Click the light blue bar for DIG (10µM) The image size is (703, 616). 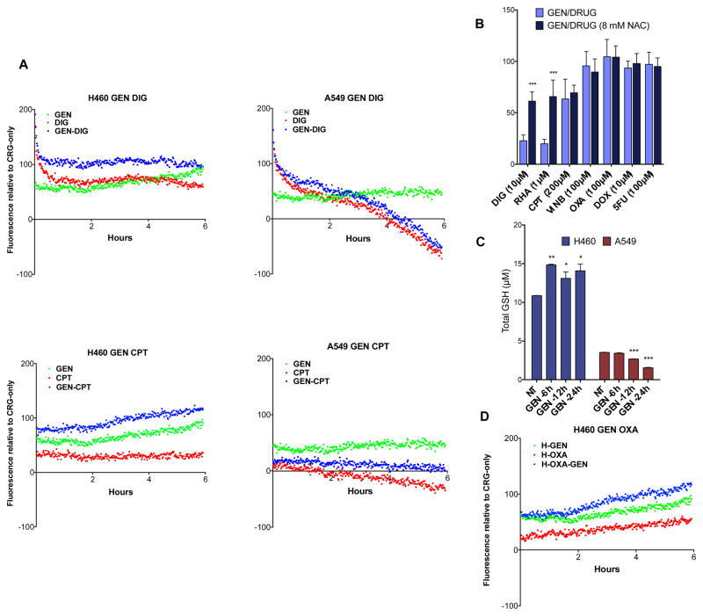click(523, 152)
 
